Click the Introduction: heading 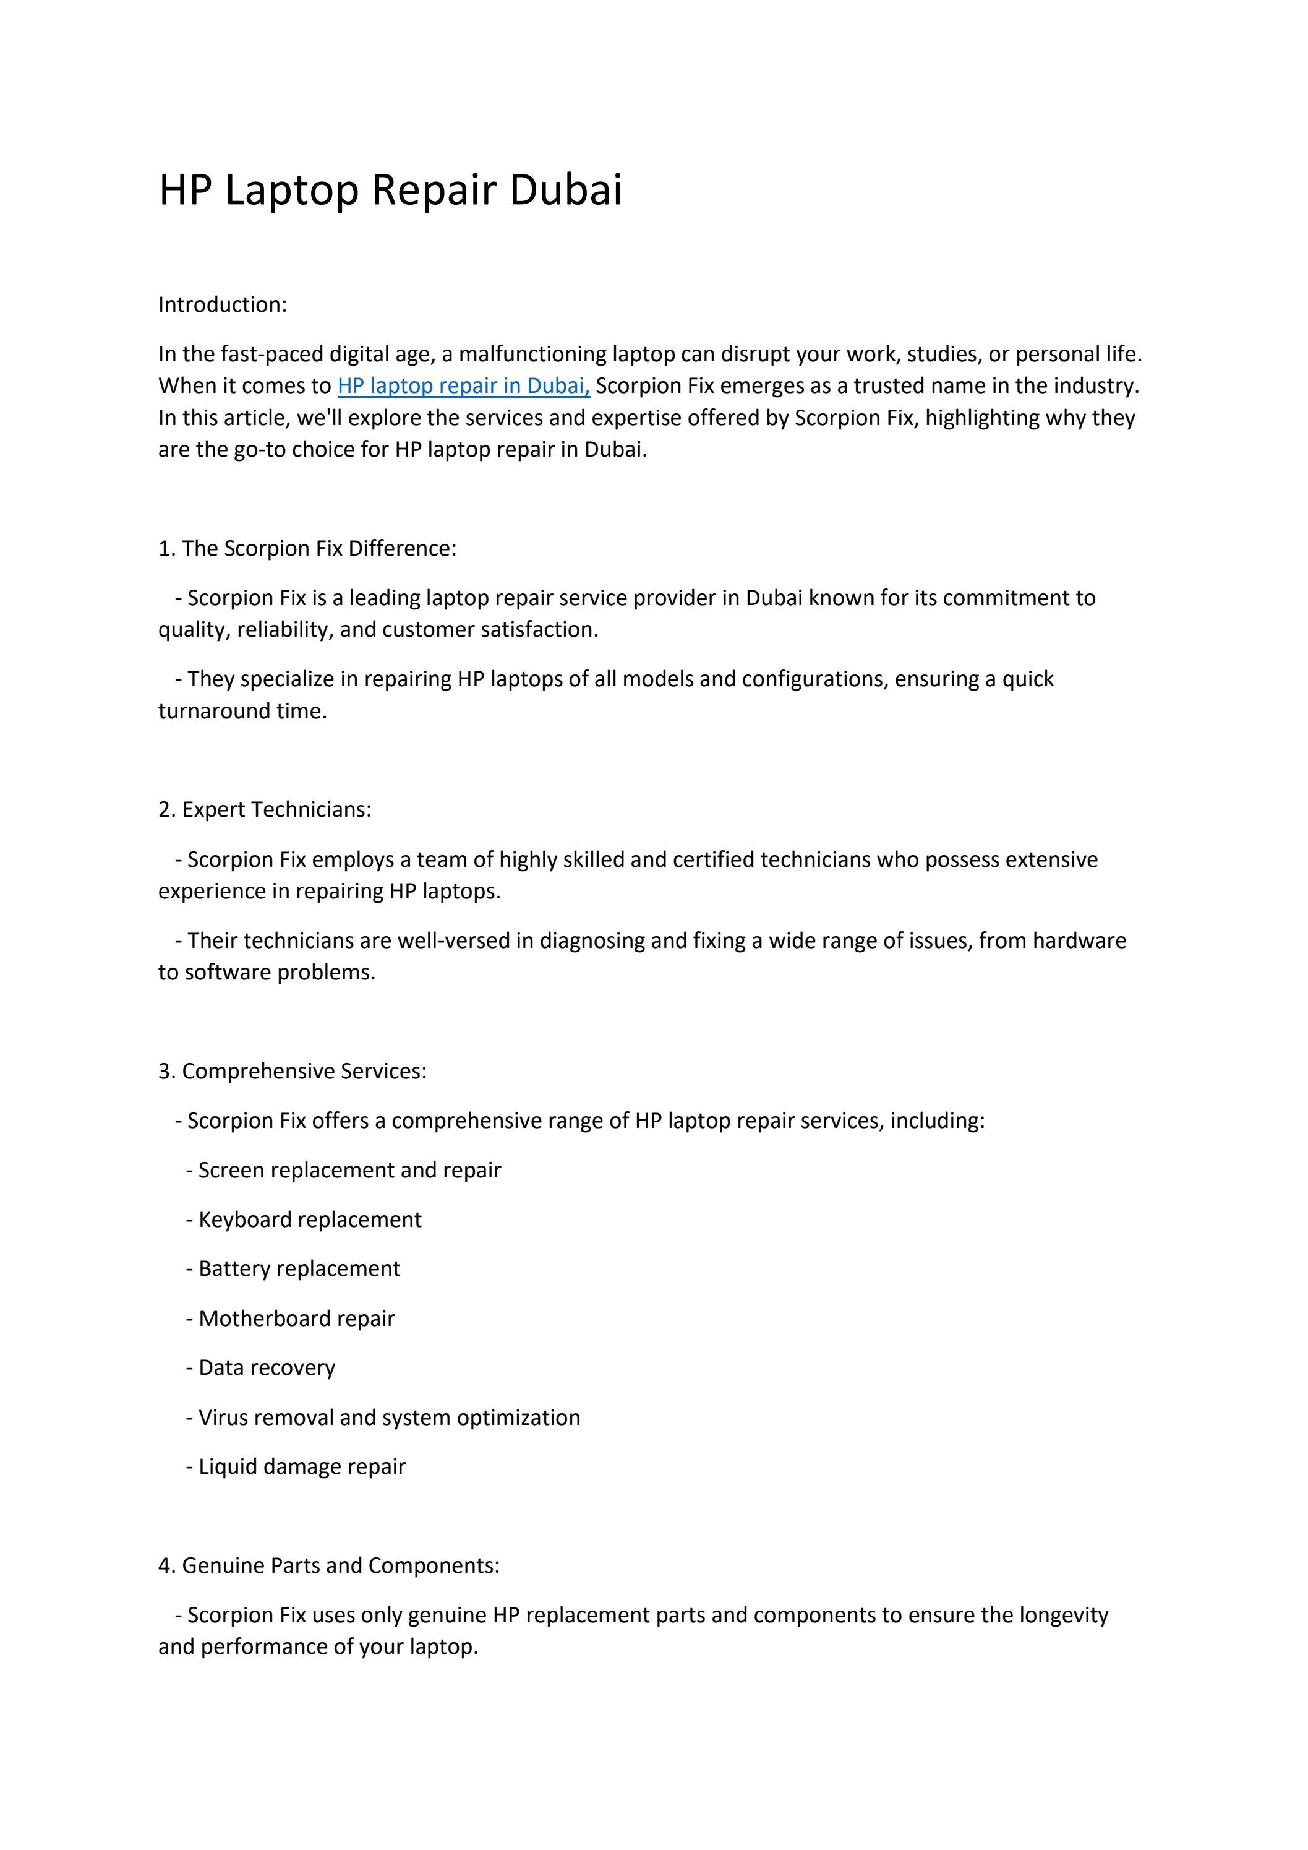click(x=222, y=304)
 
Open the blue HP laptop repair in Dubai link click(x=463, y=386)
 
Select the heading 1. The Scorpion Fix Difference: click(x=307, y=548)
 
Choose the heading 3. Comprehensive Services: click(x=293, y=1071)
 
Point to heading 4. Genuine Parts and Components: click(x=328, y=1565)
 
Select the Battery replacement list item click(x=299, y=1268)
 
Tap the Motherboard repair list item click(x=296, y=1319)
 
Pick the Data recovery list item click(x=267, y=1367)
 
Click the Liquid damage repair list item click(x=302, y=1466)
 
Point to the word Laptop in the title click(x=291, y=191)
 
